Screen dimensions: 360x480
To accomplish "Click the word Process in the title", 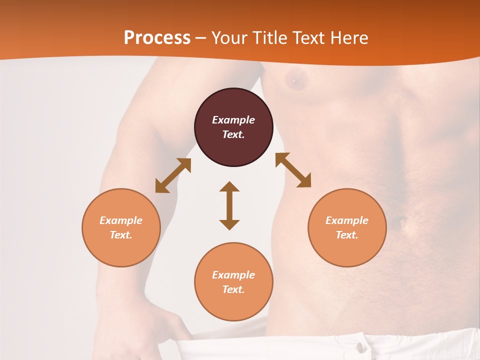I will pyautogui.click(x=157, y=38).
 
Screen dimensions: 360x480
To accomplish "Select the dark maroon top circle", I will pyautogui.click(x=233, y=127).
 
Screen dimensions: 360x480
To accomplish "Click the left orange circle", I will pyautogui.click(x=121, y=228).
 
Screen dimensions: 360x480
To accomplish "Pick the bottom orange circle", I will pyautogui.click(x=233, y=282).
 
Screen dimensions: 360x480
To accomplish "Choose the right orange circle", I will pyautogui.click(x=347, y=228).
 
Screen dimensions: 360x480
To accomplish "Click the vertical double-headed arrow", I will pyautogui.click(x=229, y=205).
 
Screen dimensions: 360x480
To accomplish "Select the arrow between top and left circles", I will pyautogui.click(x=173, y=175).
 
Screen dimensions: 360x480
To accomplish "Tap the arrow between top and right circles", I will pyautogui.click(x=293, y=170).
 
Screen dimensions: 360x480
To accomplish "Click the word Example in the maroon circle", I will pyautogui.click(x=233, y=120).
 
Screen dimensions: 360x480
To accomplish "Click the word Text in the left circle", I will pyautogui.click(x=121, y=235).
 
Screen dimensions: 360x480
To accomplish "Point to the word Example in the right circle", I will pyautogui.click(x=347, y=220).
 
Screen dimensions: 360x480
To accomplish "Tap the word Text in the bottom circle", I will pyautogui.click(x=233, y=289).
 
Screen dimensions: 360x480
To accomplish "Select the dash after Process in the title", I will pyautogui.click(x=200, y=38).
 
